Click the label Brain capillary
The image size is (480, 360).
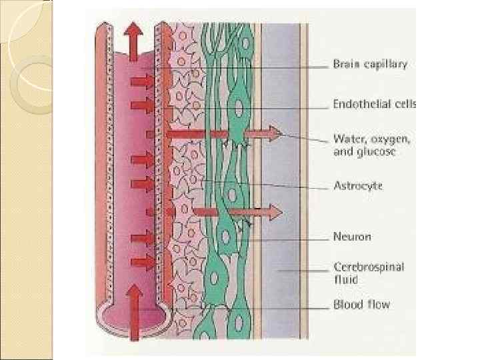370,65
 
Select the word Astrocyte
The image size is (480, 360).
357,186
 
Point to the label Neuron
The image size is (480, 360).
352,236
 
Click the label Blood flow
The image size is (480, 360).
361,305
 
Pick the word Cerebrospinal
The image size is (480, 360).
369,267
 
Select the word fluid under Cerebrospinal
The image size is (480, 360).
344,279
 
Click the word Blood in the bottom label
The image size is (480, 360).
347,305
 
